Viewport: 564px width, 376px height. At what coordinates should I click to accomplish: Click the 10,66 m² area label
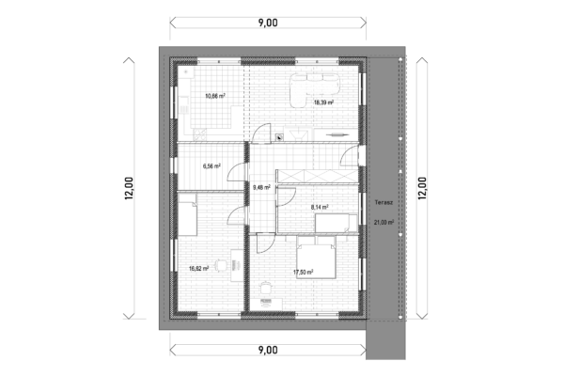pyautogui.click(x=215, y=96)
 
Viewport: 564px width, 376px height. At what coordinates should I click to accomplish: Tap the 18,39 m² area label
pyautogui.click(x=323, y=102)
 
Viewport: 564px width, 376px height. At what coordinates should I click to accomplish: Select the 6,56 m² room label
pyautogui.click(x=211, y=166)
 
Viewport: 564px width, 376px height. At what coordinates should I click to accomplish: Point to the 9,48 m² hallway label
pyautogui.click(x=261, y=187)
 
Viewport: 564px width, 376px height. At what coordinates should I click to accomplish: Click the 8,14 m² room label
pyautogui.click(x=320, y=207)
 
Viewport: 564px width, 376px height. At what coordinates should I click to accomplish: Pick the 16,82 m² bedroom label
pyautogui.click(x=199, y=269)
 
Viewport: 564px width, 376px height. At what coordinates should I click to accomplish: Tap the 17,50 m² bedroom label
pyautogui.click(x=304, y=273)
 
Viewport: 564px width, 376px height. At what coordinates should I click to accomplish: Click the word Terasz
pyautogui.click(x=384, y=203)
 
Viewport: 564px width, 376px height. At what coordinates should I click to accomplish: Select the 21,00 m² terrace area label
pyautogui.click(x=384, y=223)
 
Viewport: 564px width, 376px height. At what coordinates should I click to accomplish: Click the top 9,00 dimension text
pyautogui.click(x=268, y=23)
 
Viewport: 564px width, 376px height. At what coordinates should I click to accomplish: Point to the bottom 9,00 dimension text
pyautogui.click(x=268, y=350)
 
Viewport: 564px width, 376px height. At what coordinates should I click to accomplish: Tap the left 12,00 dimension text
pyautogui.click(x=129, y=189)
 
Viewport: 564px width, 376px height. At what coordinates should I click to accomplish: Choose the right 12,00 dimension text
pyautogui.click(x=422, y=189)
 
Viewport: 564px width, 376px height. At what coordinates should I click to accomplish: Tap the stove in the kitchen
pyautogui.click(x=200, y=134)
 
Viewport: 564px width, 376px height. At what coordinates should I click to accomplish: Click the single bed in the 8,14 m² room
pyautogui.click(x=337, y=223)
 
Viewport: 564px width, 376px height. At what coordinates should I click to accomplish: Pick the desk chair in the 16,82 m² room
pyautogui.click(x=221, y=265)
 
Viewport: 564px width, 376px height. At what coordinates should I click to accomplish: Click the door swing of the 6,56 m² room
pyautogui.click(x=236, y=172)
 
